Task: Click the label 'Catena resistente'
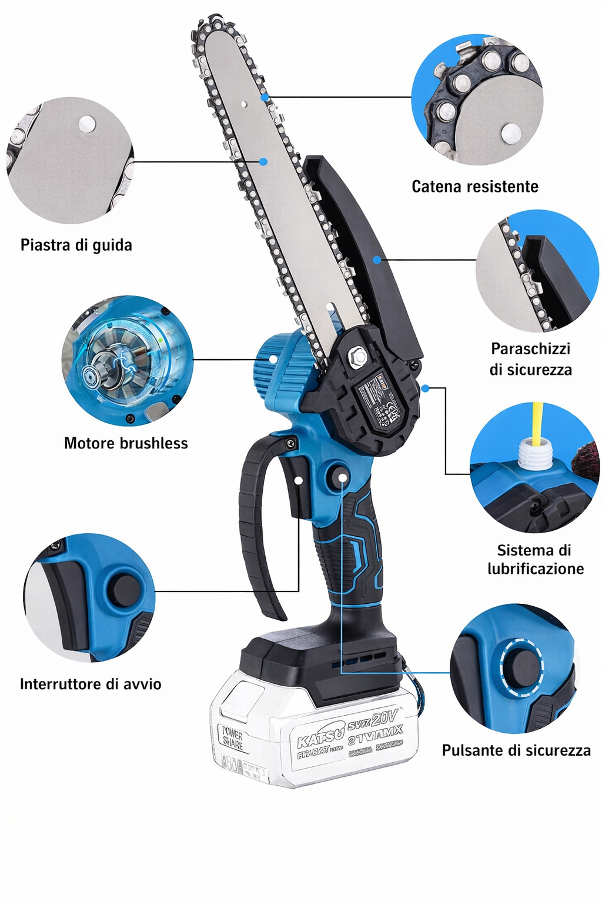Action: click(475, 187)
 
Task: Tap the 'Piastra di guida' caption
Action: click(76, 245)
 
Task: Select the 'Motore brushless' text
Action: click(126, 443)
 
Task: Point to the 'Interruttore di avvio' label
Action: click(91, 684)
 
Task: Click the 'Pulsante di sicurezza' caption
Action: click(516, 750)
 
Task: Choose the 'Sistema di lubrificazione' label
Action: click(535, 559)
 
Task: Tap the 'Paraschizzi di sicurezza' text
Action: click(531, 359)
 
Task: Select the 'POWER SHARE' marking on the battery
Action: click(232, 738)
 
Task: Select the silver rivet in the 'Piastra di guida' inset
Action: click(87, 124)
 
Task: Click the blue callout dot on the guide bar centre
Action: click(263, 161)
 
